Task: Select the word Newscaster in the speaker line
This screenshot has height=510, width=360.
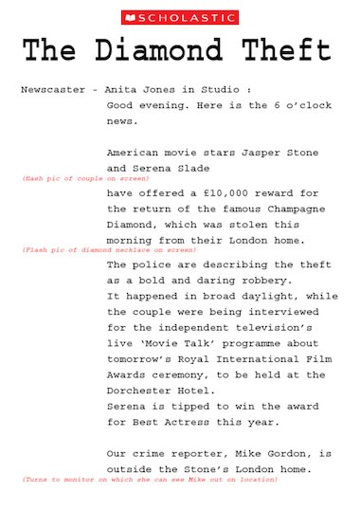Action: click(x=53, y=89)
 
